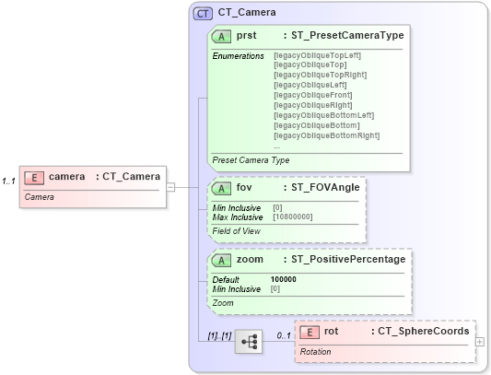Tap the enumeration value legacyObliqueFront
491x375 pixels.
click(x=313, y=95)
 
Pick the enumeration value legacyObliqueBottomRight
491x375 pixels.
click(x=327, y=135)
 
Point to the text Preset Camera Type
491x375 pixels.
click(x=251, y=160)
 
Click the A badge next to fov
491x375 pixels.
click(x=222, y=187)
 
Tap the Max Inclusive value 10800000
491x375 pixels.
click(x=293, y=217)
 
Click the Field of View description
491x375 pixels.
click(x=238, y=230)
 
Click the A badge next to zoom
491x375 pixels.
click(x=222, y=259)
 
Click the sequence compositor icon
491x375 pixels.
click(x=249, y=342)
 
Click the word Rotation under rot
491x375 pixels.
click(x=316, y=352)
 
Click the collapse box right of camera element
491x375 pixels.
click(x=170, y=187)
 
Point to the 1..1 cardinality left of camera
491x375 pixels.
click(x=9, y=181)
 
